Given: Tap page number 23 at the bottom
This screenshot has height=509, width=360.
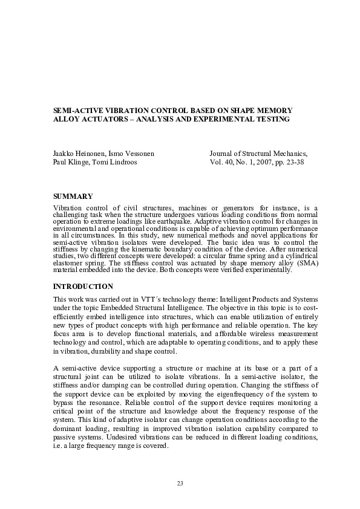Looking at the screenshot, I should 180,483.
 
